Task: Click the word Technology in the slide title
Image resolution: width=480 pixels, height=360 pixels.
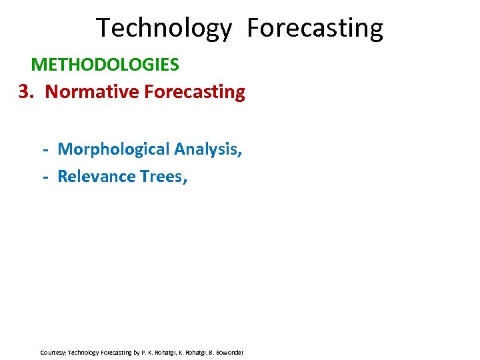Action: pos(163,29)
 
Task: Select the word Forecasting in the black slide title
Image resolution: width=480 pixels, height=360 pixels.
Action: pos(315,29)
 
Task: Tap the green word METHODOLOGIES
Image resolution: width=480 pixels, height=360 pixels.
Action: pos(105,65)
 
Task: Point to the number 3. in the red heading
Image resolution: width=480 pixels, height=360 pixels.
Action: pos(25,91)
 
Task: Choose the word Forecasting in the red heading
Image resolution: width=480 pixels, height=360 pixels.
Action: pos(194,91)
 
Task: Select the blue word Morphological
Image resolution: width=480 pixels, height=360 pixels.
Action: pos(113,149)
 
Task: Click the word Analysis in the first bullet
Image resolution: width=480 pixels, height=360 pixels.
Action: pos(207,149)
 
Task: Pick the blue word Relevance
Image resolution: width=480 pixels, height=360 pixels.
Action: pos(97,176)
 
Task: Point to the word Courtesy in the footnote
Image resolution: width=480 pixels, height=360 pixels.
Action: pos(53,352)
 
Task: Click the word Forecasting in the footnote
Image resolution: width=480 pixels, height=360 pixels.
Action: pos(119,352)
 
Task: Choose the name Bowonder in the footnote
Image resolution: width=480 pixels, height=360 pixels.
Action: pos(229,352)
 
